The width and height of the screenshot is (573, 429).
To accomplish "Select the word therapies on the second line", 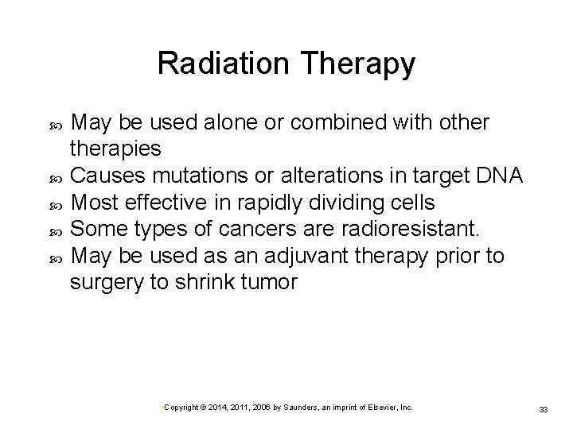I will coord(115,149).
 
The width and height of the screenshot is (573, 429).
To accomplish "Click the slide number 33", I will coord(544,408).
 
